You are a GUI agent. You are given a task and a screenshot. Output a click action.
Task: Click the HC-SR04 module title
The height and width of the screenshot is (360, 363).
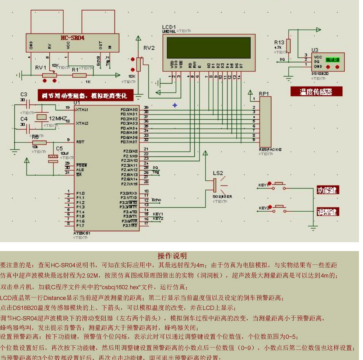pyautogui.click(x=73, y=38)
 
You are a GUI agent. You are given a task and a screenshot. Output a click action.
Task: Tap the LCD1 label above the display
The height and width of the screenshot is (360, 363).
pyautogui.click(x=169, y=27)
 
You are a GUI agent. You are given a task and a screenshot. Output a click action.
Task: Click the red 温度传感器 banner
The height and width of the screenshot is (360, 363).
pyautogui.click(x=316, y=92)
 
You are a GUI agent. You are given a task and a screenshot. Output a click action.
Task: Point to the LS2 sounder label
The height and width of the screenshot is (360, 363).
pyautogui.click(x=218, y=173)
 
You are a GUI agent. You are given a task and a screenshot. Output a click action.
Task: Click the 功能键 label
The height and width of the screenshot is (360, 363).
pyautogui.click(x=328, y=190)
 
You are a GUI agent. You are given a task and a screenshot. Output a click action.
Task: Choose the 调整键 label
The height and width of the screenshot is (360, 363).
pyautogui.click(x=328, y=212)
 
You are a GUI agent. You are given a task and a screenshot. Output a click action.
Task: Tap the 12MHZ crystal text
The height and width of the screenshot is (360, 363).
pyautogui.click(x=58, y=119)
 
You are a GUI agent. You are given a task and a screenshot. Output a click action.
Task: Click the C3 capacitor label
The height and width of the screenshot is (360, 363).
pyautogui.click(x=24, y=95)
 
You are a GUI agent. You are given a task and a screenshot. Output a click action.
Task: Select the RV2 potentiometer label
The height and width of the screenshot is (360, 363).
pyautogui.click(x=149, y=48)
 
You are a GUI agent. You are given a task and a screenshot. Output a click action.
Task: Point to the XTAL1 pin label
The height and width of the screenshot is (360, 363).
pyautogui.click(x=82, y=110)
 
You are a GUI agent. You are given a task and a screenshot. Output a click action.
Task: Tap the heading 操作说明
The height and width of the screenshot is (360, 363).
pyautogui.click(x=172, y=256)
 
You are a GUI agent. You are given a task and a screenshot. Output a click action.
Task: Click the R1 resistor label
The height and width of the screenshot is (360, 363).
pyautogui.click(x=75, y=69)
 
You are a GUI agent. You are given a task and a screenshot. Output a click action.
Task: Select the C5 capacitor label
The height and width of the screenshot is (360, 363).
pyautogui.click(x=59, y=148)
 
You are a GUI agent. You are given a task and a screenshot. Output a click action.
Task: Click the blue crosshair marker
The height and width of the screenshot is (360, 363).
pyautogui.click(x=175, y=105)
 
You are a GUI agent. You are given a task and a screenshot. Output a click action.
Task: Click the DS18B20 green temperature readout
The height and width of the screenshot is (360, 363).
pyautogui.click(x=333, y=59)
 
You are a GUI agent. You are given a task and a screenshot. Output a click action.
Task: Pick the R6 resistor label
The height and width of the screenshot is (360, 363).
pyautogui.click(x=35, y=137)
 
